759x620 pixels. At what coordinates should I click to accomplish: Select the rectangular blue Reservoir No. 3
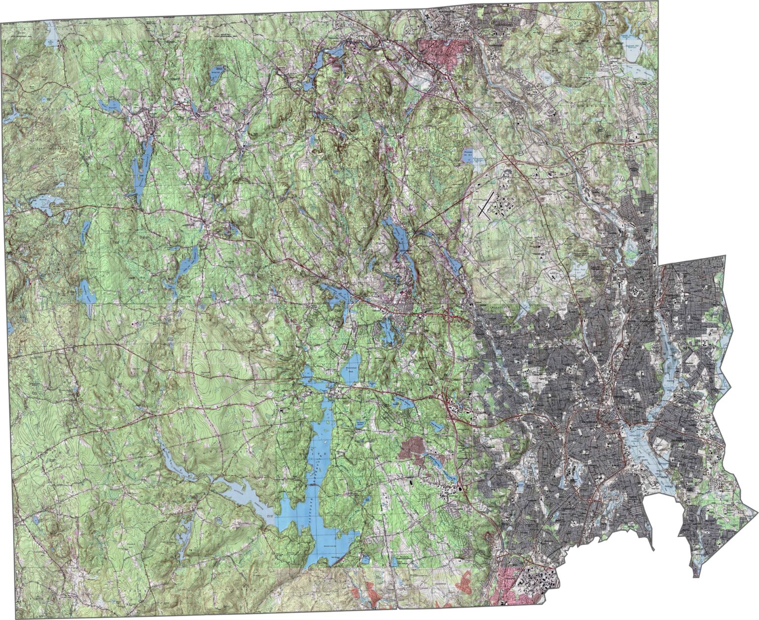coord(466,157)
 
